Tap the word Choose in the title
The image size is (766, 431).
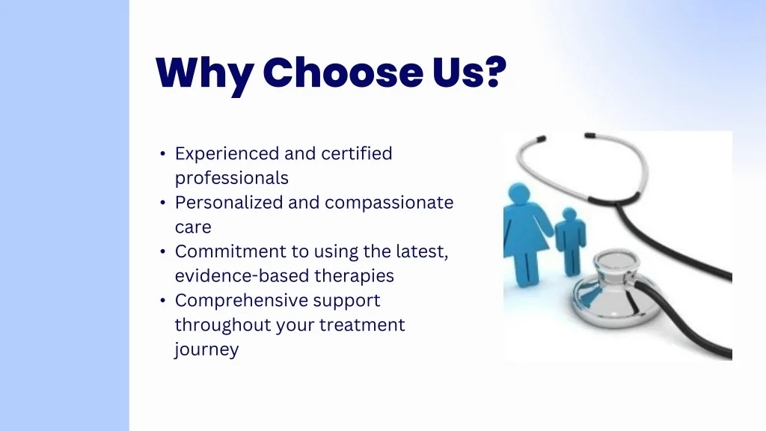point(343,73)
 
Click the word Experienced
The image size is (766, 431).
point(227,154)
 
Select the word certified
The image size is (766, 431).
point(357,153)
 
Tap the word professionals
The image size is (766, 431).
point(232,179)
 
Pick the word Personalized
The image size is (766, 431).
point(229,202)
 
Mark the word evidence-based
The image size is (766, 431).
point(242,275)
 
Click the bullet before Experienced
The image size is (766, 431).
point(162,153)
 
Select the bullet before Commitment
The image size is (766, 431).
point(162,251)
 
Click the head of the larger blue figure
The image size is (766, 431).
point(519,192)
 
